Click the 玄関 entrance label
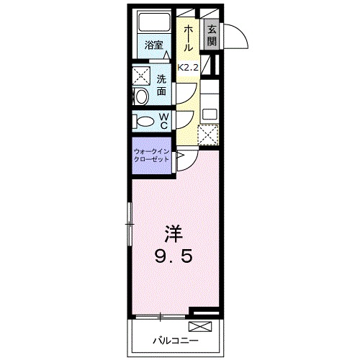212,36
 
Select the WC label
163,120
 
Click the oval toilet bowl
144,121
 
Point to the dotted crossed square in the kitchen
207,135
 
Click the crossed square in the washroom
140,75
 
